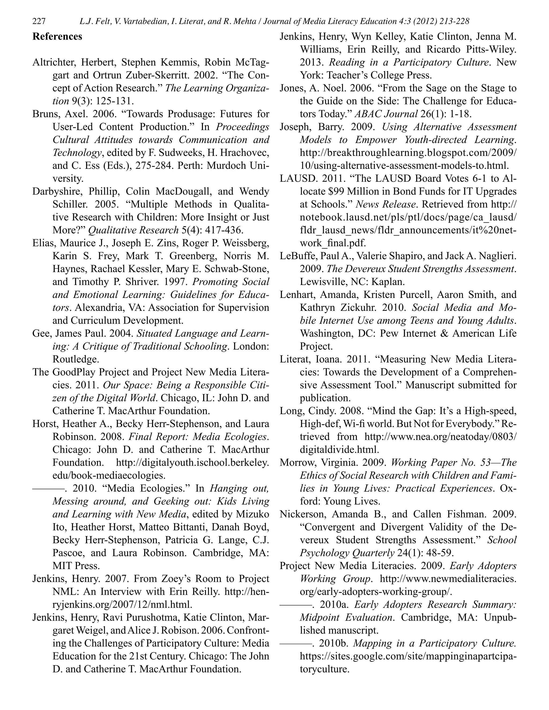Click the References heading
click(x=57, y=36)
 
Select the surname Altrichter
click(x=54, y=62)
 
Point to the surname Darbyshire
click(x=58, y=192)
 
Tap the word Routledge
click(x=75, y=359)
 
